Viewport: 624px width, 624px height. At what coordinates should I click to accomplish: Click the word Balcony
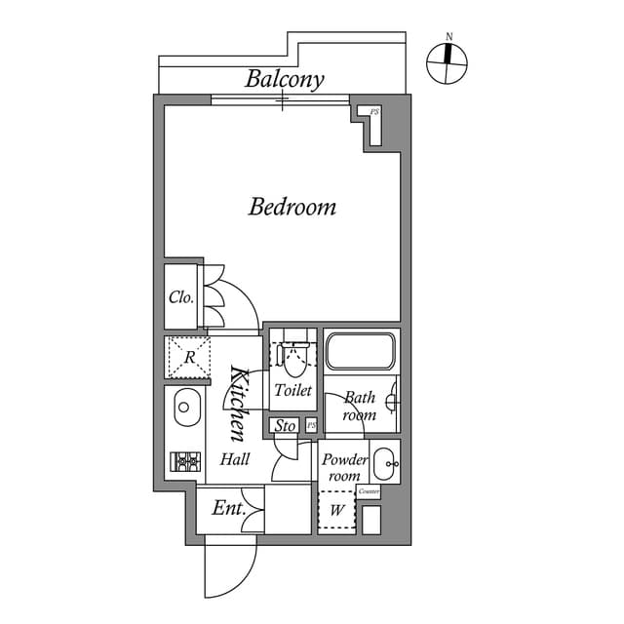coord(285,79)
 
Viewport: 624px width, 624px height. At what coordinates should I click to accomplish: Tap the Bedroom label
coord(292,207)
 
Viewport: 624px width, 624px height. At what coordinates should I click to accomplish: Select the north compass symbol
coord(448,62)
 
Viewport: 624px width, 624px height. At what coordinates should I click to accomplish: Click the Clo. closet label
coord(181,297)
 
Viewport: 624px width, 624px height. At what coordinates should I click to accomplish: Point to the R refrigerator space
coord(189,357)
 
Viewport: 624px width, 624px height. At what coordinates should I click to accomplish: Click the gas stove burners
coord(185,461)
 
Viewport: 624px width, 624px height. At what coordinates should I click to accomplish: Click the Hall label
coord(235,459)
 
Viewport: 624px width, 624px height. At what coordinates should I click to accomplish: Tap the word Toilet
coord(292,391)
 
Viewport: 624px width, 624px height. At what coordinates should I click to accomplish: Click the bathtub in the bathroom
coord(360,351)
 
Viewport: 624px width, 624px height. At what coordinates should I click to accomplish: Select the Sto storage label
coord(285,426)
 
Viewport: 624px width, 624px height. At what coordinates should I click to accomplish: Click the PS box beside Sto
coord(310,425)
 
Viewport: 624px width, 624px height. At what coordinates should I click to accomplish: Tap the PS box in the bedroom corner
coord(373,113)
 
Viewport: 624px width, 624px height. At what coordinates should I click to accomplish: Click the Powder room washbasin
coord(384,462)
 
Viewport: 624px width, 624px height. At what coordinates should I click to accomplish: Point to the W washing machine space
coord(336,508)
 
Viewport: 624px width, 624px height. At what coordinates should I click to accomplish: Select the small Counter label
coord(369,491)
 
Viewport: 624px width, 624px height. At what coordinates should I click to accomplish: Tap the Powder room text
coord(345,467)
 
